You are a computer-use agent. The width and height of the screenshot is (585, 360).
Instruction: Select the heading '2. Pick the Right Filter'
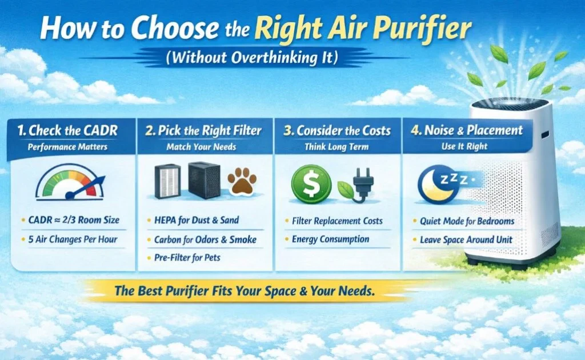[204, 130]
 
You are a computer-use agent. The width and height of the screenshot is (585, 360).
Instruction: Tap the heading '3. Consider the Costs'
[338, 130]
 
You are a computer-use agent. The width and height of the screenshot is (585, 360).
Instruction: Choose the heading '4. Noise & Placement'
[467, 130]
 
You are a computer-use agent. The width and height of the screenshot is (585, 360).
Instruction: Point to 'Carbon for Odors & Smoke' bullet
[205, 240]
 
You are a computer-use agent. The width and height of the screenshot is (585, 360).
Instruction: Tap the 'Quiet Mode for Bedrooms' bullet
[467, 221]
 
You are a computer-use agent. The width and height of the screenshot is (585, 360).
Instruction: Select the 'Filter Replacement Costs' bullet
[337, 221]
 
